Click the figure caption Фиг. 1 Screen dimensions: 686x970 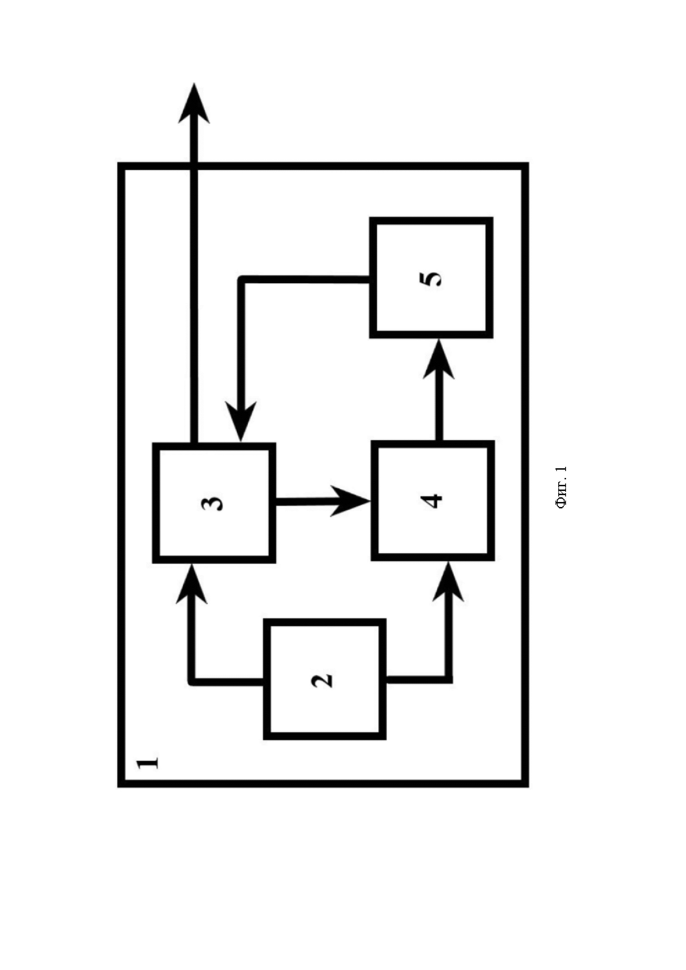coord(562,488)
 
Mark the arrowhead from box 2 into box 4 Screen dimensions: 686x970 coord(448,583)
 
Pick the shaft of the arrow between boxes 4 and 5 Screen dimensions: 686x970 coord(439,410)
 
